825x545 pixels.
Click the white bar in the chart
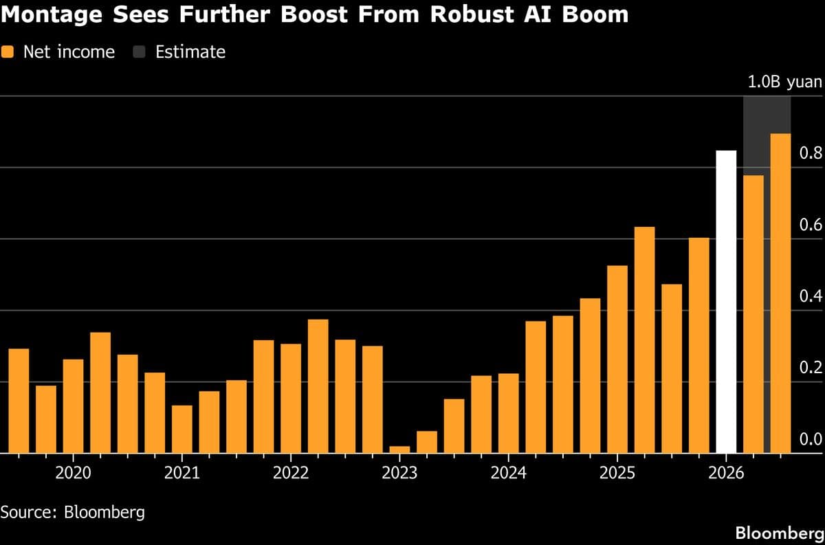pos(726,302)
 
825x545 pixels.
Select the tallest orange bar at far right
pos(780,293)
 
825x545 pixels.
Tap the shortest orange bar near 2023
pos(399,449)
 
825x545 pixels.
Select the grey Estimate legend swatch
pos(140,52)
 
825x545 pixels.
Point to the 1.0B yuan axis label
pos(784,82)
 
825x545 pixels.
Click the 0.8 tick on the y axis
pos(811,153)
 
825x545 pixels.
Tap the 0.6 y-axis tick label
pos(811,225)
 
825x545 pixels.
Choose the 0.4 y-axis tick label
pos(811,296)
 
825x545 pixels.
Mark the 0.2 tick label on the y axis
pos(811,368)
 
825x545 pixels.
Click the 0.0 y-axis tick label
pos(811,439)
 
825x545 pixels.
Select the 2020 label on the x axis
pos(72,473)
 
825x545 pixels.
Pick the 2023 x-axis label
pos(399,473)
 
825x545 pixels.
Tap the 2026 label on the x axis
pos(726,473)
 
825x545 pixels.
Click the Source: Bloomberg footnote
pos(73,512)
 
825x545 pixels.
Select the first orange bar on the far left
pos(19,401)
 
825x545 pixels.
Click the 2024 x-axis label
pos(508,473)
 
